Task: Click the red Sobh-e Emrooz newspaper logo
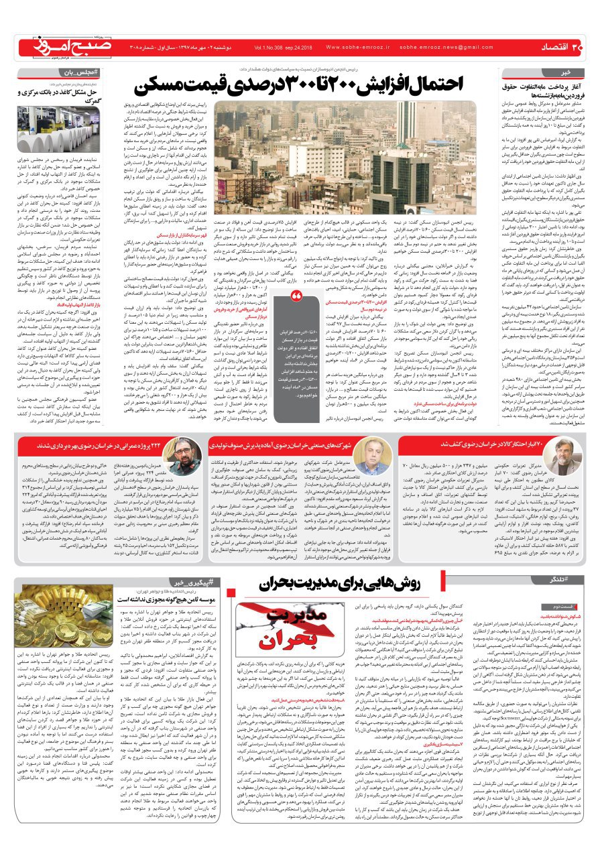point(67,46)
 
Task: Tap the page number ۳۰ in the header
point(578,47)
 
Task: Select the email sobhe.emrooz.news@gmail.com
point(447,48)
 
